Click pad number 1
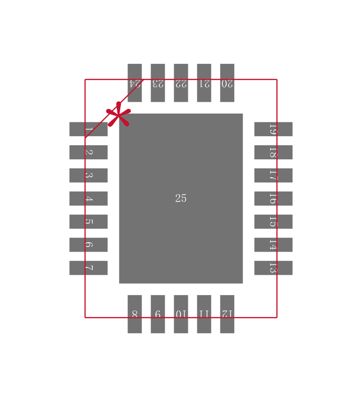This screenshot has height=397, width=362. point(88,129)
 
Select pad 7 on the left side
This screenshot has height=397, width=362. point(88,268)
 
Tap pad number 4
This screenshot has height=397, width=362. point(88,198)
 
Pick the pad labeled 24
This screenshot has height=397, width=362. point(135,83)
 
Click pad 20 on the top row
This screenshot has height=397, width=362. point(227,83)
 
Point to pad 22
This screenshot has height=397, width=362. point(181,83)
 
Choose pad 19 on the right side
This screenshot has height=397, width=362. point(273,129)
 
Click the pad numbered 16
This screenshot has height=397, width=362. point(273,198)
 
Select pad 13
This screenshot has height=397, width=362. point(273,268)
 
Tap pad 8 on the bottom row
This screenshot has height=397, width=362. point(135,314)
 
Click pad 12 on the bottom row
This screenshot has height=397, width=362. point(227,314)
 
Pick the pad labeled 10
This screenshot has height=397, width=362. point(181,314)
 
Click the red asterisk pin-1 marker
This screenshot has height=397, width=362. point(119,115)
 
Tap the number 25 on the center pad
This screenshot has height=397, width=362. point(181,198)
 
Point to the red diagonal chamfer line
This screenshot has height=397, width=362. point(114,109)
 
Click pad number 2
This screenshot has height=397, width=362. point(88,152)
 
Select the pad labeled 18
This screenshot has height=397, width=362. point(273,152)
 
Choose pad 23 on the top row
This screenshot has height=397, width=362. point(158,83)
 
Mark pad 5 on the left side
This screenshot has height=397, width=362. point(88,221)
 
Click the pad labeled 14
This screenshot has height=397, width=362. point(273,244)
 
